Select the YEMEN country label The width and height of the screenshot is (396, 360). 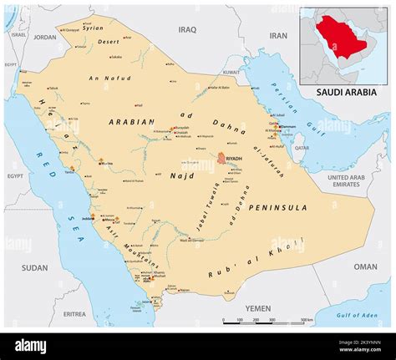[x=259, y=308]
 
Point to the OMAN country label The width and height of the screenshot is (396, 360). [x=366, y=266]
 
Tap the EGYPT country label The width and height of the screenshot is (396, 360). [x=16, y=176]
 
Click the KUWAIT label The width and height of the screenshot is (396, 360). [x=231, y=72]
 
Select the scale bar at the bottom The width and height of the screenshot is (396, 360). [x=267, y=319]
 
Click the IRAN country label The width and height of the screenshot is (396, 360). [x=278, y=36]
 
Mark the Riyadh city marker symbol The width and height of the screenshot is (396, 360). [x=221, y=157]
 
